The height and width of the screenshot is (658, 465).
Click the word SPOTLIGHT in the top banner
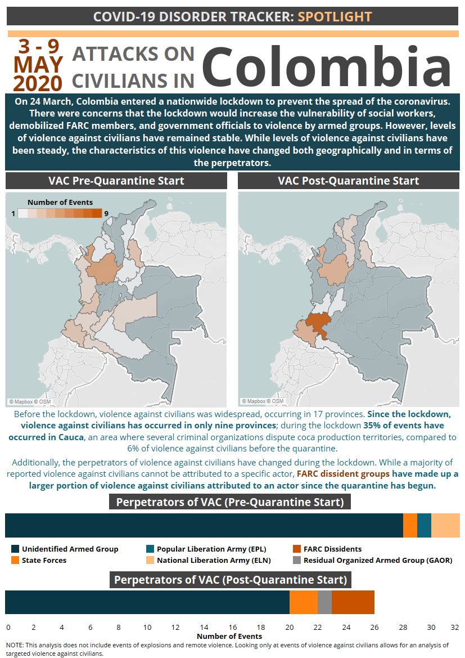(x=335, y=16)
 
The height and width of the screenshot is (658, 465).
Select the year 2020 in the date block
(x=38, y=83)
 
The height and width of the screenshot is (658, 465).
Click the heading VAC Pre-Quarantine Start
(x=116, y=181)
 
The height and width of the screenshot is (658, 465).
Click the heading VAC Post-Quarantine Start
(x=348, y=181)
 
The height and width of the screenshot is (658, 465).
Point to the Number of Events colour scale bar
(x=59, y=213)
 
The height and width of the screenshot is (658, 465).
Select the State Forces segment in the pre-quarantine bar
(x=410, y=526)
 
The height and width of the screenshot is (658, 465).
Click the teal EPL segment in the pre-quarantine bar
(x=424, y=526)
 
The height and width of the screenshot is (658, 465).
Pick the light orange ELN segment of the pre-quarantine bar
(x=445, y=526)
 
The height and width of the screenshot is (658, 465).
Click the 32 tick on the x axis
(x=454, y=627)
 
